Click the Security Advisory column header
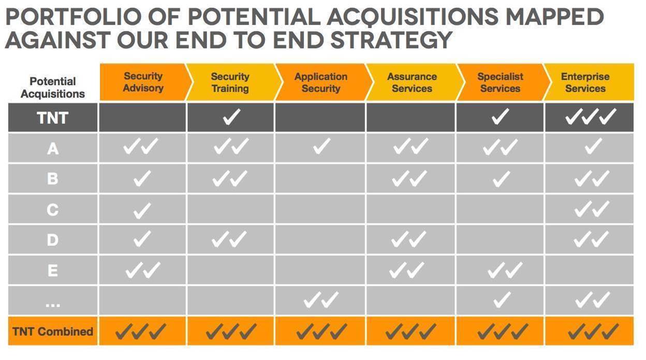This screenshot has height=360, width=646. coord(143,82)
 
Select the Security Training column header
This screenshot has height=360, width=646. coord(230,82)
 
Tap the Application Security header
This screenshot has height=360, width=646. coord(321,82)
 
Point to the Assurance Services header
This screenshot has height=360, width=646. coord(412,82)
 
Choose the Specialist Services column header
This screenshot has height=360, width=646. coord(500,82)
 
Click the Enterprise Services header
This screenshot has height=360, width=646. coord(585,82)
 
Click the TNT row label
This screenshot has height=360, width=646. coord(52,118)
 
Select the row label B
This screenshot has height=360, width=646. coord(52,178)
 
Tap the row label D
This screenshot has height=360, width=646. coord(52,240)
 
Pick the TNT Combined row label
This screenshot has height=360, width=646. coord(53,332)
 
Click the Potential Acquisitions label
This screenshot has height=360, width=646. coord(53,88)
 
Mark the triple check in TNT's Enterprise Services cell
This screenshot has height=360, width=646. coord(591,117)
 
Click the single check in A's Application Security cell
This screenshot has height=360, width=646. coord(322,146)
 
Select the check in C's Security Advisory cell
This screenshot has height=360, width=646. coord(142,210)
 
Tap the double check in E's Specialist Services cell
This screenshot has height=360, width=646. coord(505,270)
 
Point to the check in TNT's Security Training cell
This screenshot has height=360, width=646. coord(231,117)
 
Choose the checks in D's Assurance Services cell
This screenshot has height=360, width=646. coord(408,239)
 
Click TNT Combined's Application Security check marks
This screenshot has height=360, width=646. coord(322,331)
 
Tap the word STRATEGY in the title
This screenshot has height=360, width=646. coord(391,39)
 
